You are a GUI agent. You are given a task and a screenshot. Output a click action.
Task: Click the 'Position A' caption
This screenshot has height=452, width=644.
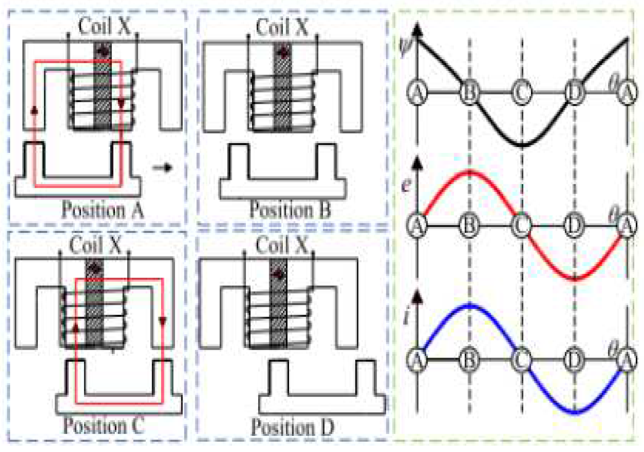point(102,211)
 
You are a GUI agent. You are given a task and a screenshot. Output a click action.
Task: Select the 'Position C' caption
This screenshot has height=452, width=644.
point(104,426)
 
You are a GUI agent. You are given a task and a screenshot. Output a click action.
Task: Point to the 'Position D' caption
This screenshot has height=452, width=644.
point(292,427)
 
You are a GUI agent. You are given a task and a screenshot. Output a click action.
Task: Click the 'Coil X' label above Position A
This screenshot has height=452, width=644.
point(104,26)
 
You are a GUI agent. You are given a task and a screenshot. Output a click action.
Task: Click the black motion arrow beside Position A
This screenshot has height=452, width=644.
point(162,168)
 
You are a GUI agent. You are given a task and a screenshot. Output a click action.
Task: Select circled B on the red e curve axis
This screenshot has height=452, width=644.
point(469,225)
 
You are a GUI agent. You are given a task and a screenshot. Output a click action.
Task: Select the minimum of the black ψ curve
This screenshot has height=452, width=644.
point(522,146)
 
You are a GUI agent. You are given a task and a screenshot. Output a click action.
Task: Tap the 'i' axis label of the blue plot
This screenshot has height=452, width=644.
point(407,317)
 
